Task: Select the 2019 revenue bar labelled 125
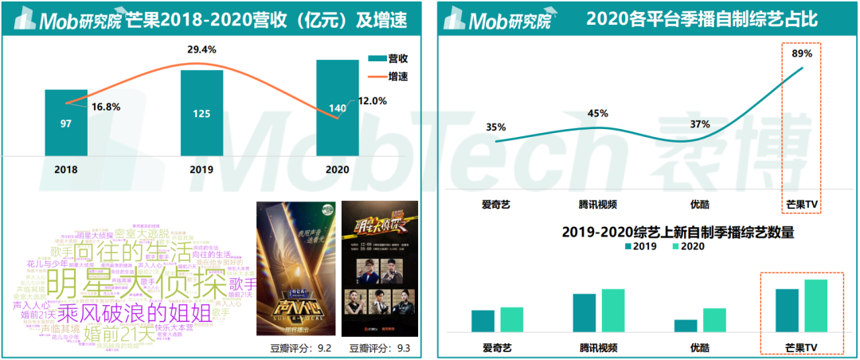coord(201,112)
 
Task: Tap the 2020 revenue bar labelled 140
coord(337,108)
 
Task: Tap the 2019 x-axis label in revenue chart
coord(201,169)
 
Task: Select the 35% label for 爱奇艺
coord(495,127)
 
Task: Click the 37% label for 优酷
coord(700,123)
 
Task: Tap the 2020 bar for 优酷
coord(714,319)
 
